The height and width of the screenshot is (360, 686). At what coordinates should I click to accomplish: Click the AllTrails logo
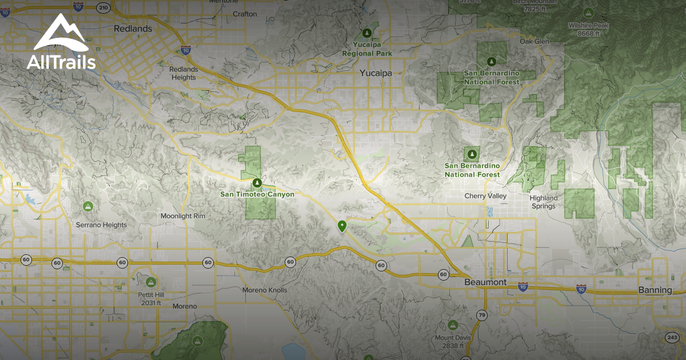pyautogui.click(x=61, y=42)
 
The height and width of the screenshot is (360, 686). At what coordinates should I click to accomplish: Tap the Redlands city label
pyautogui.click(x=133, y=28)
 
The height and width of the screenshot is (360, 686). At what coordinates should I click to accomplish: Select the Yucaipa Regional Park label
pyautogui.click(x=366, y=49)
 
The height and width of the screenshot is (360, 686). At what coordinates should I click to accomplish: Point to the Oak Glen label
pyautogui.click(x=533, y=41)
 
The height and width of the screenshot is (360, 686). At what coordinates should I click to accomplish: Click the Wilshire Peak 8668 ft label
pyautogui.click(x=588, y=29)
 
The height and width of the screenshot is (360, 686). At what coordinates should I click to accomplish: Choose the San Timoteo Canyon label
pyautogui.click(x=257, y=194)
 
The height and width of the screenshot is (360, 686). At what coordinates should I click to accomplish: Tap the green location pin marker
pyautogui.click(x=342, y=227)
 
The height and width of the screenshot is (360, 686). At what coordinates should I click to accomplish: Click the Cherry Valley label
pyautogui.click(x=485, y=196)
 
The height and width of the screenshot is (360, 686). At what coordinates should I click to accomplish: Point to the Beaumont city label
pyautogui.click(x=485, y=282)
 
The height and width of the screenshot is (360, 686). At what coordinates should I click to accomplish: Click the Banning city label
pyautogui.click(x=655, y=290)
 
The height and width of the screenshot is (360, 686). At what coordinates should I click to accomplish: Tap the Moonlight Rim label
pyautogui.click(x=182, y=217)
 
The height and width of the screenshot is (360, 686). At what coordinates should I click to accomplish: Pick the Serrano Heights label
pyautogui.click(x=101, y=225)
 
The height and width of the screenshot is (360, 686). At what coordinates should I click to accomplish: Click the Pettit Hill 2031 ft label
pyautogui.click(x=150, y=298)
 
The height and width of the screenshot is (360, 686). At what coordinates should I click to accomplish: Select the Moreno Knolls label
pyautogui.click(x=264, y=290)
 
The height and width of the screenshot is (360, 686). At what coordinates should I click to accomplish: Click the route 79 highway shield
pyautogui.click(x=481, y=315)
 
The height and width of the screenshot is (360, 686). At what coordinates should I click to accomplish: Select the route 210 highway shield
pyautogui.click(x=103, y=7)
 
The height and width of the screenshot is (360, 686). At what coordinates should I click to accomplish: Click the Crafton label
pyautogui.click(x=245, y=14)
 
